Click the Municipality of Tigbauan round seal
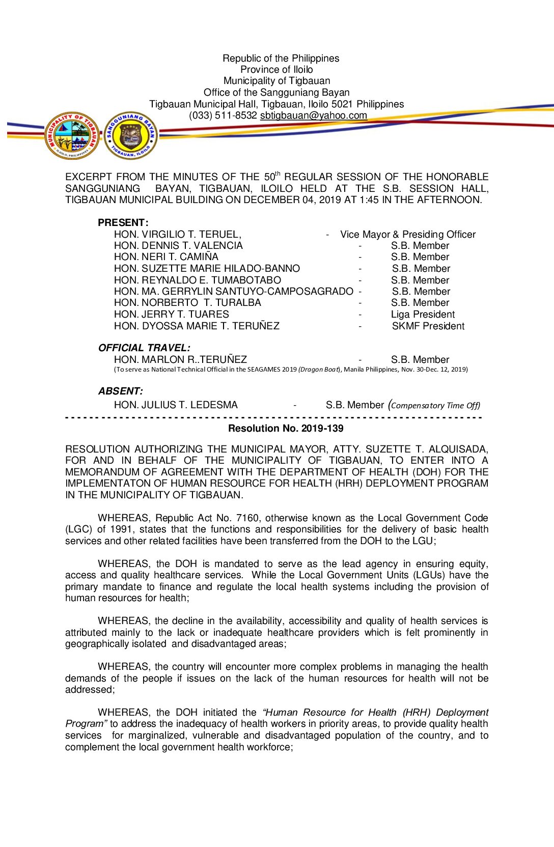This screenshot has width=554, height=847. (x=71, y=135)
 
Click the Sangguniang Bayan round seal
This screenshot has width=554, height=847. (x=131, y=135)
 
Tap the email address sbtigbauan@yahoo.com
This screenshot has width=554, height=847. (x=313, y=116)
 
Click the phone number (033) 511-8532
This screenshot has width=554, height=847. (x=223, y=116)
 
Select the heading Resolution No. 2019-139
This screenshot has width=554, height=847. (x=286, y=429)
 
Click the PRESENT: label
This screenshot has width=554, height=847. (x=123, y=223)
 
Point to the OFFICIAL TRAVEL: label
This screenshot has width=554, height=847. (x=144, y=348)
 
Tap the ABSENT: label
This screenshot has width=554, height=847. (x=121, y=391)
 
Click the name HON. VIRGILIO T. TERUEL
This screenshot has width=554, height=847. (x=177, y=235)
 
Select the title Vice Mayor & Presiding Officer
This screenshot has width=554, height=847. (x=408, y=235)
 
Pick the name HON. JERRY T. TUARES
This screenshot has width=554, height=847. (x=172, y=315)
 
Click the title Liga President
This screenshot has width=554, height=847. (x=423, y=315)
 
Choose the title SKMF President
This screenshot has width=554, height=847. (x=428, y=326)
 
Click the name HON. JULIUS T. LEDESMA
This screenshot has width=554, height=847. (x=176, y=405)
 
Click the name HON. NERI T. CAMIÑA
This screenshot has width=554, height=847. (x=166, y=257)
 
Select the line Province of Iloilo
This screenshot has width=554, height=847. (x=276, y=70)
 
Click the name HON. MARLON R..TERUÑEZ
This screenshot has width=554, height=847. (x=180, y=360)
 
